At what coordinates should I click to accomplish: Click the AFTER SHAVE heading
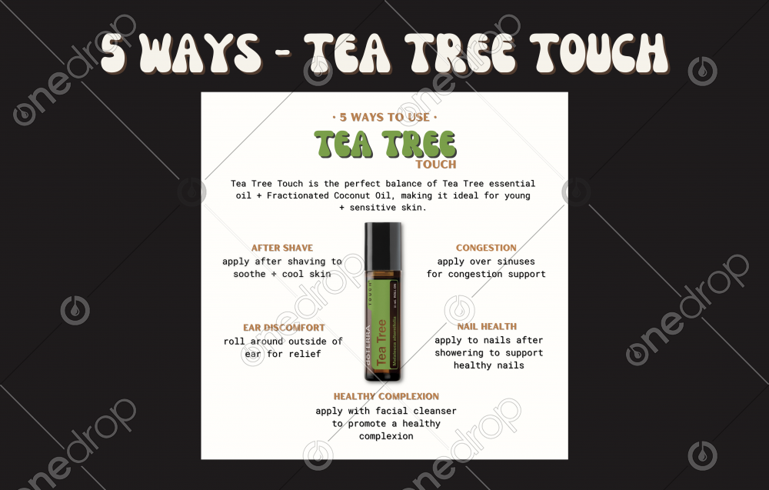[x=282, y=248]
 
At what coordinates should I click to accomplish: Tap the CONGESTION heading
[x=486, y=248]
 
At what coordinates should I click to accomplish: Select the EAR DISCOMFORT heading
[x=284, y=328]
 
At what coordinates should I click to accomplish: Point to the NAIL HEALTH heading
[x=487, y=327]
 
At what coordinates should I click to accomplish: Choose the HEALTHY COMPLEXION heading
[x=387, y=396]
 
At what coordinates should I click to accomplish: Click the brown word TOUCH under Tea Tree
[x=436, y=165]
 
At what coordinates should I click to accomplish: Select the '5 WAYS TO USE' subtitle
[x=384, y=117]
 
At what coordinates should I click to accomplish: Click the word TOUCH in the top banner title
[x=599, y=53]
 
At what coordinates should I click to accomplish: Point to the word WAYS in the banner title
[x=203, y=53]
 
